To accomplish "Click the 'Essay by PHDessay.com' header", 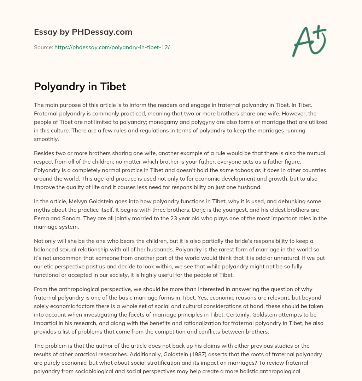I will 83,32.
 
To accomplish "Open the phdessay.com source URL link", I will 112,47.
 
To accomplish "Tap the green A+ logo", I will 309,40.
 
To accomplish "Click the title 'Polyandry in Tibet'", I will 80,86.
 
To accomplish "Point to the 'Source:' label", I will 43,47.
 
